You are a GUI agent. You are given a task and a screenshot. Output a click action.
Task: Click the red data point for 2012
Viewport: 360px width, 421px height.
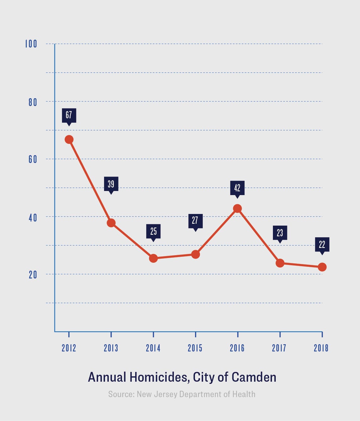tap(69, 139)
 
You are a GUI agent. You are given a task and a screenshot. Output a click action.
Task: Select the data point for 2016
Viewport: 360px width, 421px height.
tap(237, 208)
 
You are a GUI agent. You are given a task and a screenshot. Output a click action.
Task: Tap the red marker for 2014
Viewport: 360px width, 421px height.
tap(153, 258)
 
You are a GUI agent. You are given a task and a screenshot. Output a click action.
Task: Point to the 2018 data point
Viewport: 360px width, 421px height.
tap(322, 267)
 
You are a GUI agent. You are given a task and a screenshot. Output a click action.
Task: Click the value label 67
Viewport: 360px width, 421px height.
tap(69, 115)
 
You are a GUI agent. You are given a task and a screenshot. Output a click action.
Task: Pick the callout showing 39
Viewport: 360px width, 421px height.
tap(111, 184)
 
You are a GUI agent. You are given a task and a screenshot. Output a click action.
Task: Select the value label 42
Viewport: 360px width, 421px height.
tap(237, 188)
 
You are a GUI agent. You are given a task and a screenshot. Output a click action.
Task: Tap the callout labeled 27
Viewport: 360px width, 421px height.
tap(195, 221)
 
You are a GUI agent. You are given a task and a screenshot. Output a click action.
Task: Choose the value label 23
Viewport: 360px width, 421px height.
tap(280, 233)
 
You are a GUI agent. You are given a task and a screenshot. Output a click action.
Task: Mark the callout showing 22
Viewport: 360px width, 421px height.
tap(322, 244)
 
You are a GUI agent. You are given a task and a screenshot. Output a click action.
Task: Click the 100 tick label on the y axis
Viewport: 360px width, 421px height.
tap(31, 44)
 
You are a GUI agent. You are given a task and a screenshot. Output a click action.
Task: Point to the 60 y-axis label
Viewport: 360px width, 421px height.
tap(33, 159)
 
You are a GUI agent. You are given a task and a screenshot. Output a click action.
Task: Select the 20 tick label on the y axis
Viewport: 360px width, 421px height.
tap(33, 275)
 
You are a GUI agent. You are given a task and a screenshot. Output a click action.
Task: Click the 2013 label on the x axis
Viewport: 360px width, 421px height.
tap(111, 348)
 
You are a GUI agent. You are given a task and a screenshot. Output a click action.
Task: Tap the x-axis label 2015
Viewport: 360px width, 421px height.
tap(195, 348)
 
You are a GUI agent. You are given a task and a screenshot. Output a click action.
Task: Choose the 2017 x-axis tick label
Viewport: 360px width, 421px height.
tap(279, 348)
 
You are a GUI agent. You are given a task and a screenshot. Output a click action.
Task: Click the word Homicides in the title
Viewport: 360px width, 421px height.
tap(159, 377)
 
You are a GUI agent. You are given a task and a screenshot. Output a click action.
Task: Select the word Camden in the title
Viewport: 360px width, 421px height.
tap(254, 377)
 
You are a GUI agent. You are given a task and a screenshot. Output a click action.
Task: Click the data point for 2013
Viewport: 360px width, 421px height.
tap(111, 223)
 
